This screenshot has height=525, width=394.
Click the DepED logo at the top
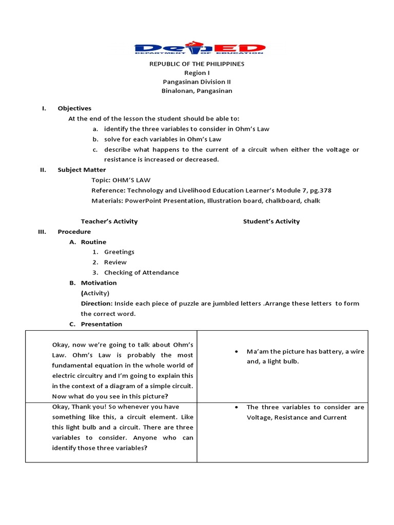[200, 48]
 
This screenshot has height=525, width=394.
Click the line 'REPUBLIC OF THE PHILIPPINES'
[197, 64]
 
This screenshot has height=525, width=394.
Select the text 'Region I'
[197, 73]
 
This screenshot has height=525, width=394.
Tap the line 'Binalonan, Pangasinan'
[197, 91]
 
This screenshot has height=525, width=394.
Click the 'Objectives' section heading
[74, 108]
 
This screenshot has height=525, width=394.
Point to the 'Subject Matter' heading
[82, 170]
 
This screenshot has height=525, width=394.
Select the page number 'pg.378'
[319, 190]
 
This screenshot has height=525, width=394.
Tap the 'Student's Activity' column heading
[271, 221]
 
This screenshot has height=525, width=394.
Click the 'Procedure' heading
[74, 232]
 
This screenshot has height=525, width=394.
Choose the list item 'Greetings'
[119, 252]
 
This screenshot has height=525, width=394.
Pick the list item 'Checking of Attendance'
[141, 272]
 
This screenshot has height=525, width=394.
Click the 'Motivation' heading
[98, 282]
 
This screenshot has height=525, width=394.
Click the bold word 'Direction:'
[96, 304]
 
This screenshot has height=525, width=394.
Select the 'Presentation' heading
[101, 324]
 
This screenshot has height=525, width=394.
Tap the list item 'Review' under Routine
[115, 262]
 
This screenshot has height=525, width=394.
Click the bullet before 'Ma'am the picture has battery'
[235, 352]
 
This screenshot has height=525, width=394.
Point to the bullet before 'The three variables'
[235, 408]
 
